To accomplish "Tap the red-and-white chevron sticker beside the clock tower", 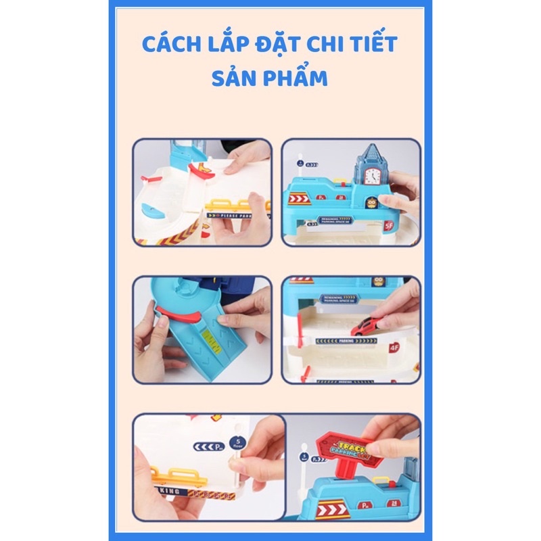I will click(299, 198).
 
